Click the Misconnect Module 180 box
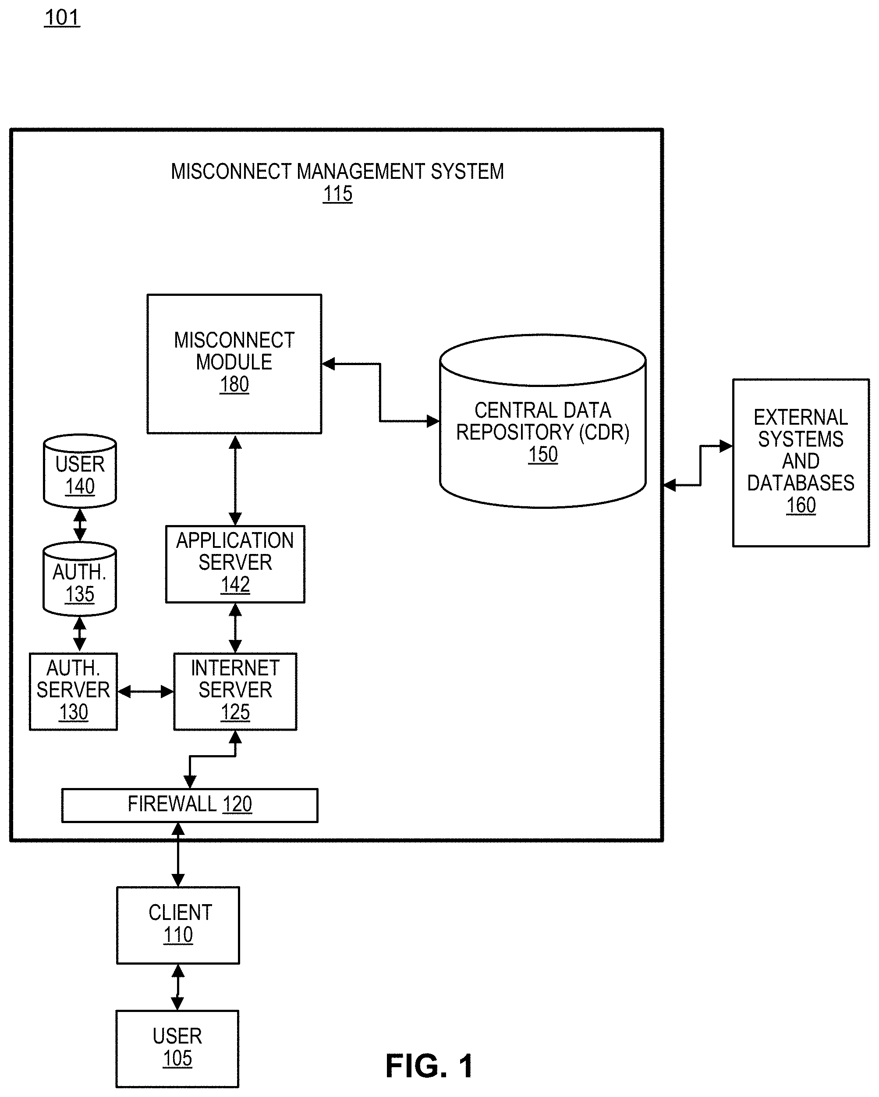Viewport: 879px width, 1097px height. click(x=234, y=363)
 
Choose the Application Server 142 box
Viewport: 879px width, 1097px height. click(x=235, y=564)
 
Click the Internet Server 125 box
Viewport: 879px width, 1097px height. click(x=235, y=691)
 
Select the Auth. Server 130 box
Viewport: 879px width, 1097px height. click(x=73, y=691)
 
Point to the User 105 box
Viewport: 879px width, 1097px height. click(x=177, y=1048)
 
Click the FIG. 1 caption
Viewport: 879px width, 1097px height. click(x=429, y=1065)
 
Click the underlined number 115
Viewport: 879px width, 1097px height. click(x=337, y=194)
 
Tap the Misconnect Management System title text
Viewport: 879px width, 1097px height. click(x=337, y=171)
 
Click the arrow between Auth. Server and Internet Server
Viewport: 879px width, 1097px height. click(x=145, y=692)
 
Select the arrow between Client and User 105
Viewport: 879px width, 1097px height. click(x=177, y=987)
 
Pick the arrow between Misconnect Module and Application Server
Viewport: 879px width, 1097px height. click(x=235, y=479)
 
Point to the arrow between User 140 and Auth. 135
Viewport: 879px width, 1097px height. click(x=80, y=525)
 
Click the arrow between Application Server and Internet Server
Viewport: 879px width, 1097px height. click(x=235, y=628)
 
